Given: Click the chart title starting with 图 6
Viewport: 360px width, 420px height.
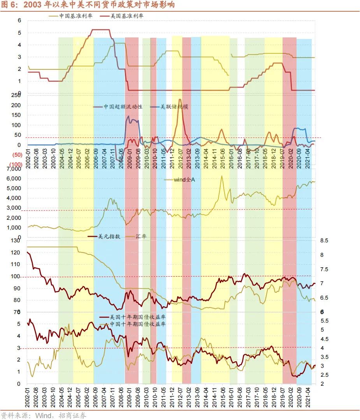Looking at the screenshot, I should (88, 5).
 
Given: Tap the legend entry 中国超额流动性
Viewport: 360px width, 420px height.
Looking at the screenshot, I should (123, 106).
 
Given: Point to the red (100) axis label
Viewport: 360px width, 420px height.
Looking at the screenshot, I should (16, 165).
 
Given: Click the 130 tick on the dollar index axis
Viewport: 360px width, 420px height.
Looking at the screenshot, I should (16, 241).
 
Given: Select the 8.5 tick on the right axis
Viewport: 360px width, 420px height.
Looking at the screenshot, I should (324, 241).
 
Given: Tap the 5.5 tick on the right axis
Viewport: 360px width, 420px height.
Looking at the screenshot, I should (324, 321).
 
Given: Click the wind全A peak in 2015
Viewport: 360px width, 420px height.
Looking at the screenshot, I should (222, 176).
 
